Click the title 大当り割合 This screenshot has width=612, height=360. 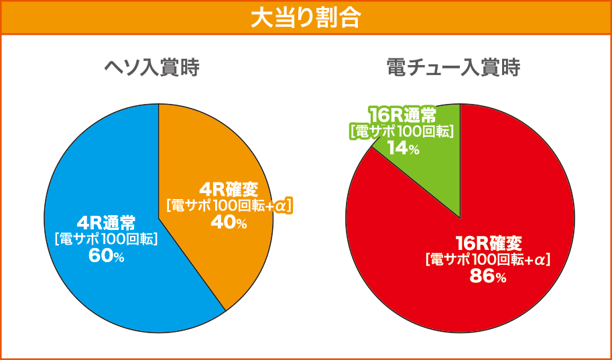click(x=306, y=17)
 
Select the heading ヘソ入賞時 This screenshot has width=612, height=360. click(x=151, y=68)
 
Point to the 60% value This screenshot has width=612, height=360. click(x=106, y=255)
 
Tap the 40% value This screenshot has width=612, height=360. click(x=229, y=223)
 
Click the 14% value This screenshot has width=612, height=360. click(x=403, y=148)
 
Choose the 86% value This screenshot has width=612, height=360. click(x=487, y=276)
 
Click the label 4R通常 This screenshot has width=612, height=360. click(x=107, y=222)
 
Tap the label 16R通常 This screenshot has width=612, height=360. click(x=402, y=114)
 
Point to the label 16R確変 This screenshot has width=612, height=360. click(x=488, y=242)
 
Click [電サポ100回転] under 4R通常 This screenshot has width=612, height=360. click(x=106, y=238)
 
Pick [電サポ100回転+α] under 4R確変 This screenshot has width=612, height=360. click(x=229, y=206)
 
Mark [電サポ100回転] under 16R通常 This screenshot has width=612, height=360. click(x=402, y=131)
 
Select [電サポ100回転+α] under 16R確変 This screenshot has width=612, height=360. click(x=487, y=259)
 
